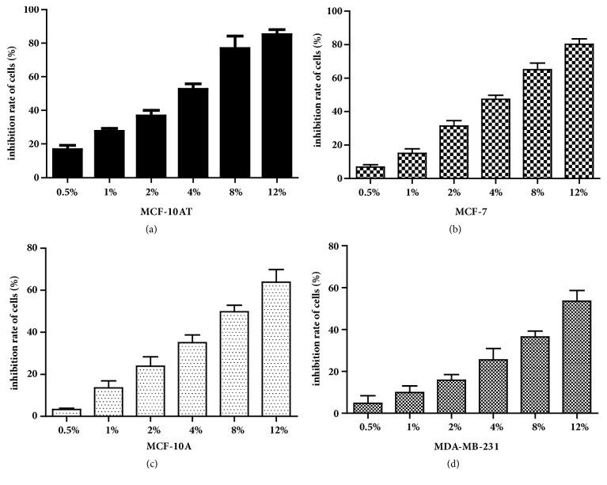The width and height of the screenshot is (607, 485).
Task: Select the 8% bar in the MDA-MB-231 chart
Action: (537, 374)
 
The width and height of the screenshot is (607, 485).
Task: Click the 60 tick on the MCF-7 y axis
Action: (336, 78)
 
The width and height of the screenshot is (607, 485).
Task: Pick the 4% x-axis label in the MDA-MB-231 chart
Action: (495, 429)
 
